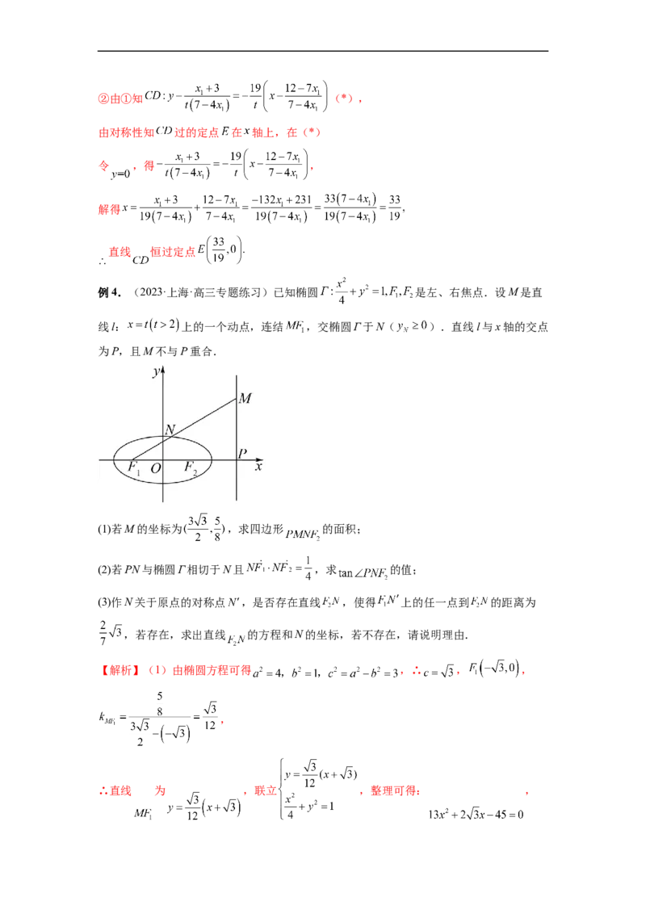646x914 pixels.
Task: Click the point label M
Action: pyautogui.click(x=245, y=398)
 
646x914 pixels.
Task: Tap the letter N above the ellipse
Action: pyautogui.click(x=170, y=430)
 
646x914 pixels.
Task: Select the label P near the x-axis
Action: pyautogui.click(x=241, y=455)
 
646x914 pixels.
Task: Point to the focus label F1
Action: pyautogui.click(x=134, y=467)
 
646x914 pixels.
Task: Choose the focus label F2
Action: pyautogui.click(x=191, y=467)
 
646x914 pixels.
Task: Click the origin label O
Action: pyautogui.click(x=156, y=468)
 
